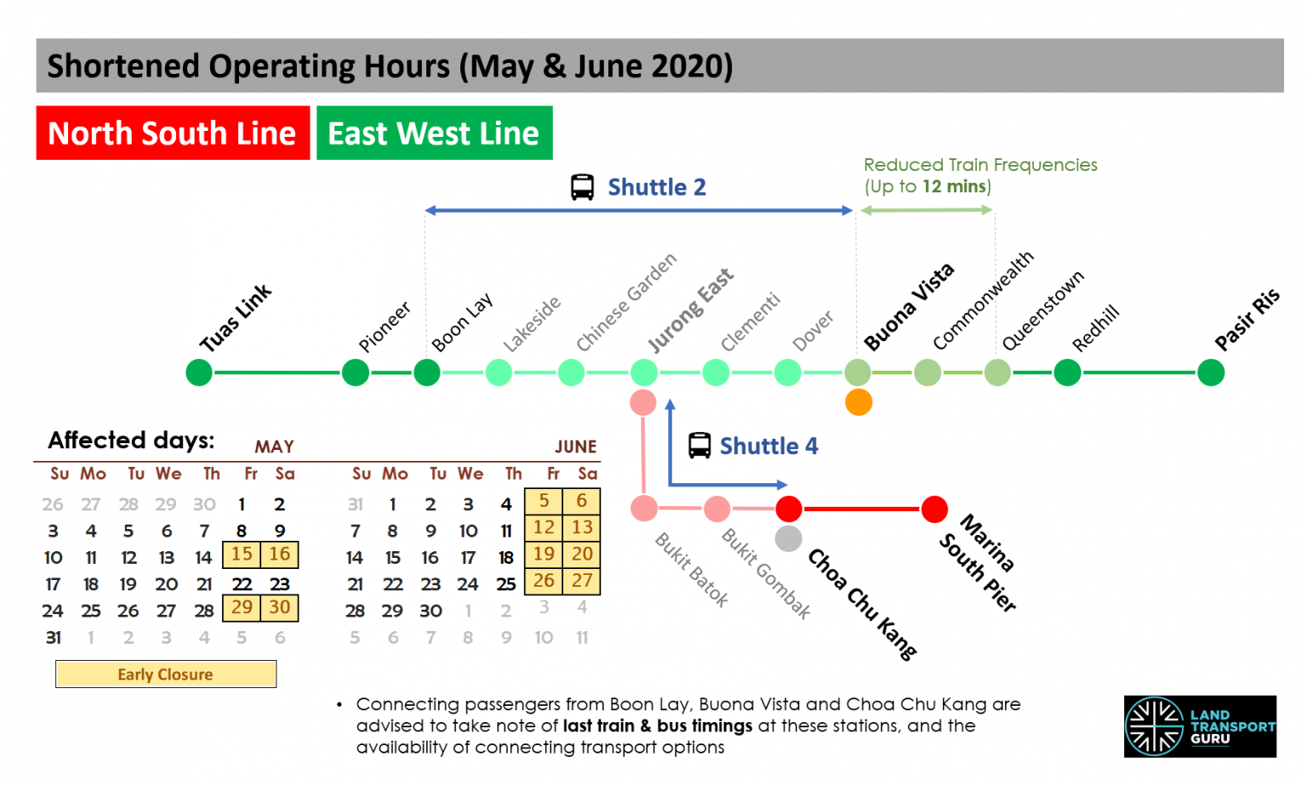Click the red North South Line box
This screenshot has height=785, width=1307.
173,133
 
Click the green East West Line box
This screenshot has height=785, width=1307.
434,133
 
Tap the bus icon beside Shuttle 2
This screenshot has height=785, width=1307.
582,187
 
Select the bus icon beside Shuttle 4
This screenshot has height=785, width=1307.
699,446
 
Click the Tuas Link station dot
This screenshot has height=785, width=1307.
199,373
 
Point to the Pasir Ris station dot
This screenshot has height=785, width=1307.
1210,373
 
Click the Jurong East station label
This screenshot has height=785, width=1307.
690,310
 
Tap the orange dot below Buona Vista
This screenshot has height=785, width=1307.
859,402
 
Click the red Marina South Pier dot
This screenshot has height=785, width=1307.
934,509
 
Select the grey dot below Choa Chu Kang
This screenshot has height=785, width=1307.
789,538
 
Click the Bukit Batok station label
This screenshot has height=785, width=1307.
692,570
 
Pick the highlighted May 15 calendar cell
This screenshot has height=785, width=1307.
242,555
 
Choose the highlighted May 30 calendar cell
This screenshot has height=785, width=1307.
280,607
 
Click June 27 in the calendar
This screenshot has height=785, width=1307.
582,581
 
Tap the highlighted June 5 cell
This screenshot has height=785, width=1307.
545,501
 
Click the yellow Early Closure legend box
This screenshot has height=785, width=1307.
166,674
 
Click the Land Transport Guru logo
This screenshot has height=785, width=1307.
1200,726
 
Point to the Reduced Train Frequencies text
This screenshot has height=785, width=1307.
979,165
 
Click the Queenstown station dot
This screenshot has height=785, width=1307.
997,373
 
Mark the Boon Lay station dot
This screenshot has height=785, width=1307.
426,373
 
